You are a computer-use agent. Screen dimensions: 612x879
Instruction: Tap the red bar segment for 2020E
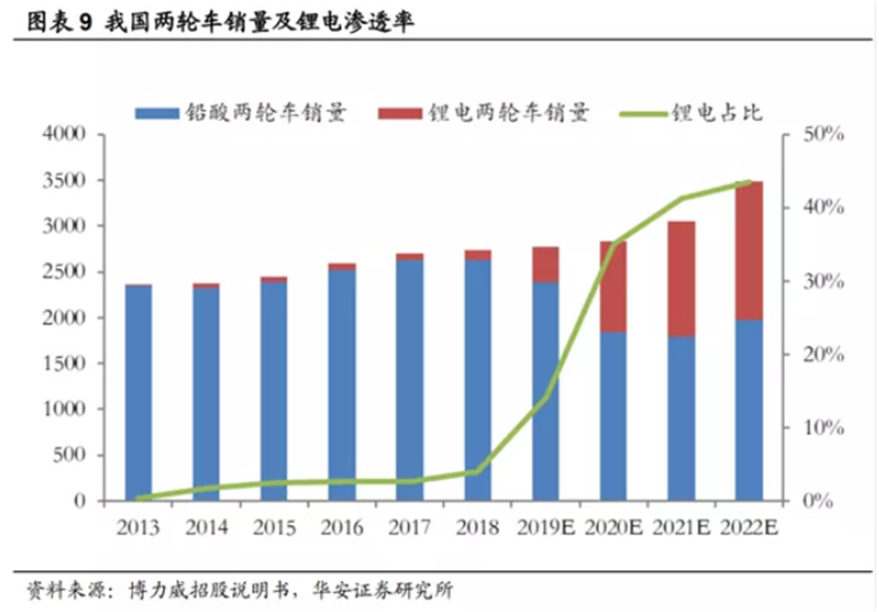(x=613, y=286)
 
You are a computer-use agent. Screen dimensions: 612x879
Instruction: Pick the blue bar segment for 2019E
(x=545, y=391)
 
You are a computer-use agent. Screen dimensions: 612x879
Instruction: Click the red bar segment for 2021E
(x=681, y=279)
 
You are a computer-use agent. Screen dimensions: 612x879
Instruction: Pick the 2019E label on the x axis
(x=545, y=528)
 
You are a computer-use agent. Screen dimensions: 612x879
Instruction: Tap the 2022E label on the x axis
(x=748, y=528)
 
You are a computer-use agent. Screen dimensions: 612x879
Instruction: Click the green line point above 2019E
(x=545, y=398)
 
